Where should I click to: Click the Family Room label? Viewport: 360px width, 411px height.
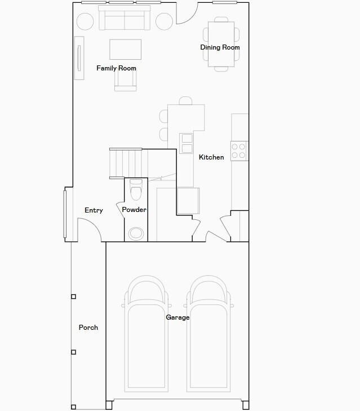[116, 68]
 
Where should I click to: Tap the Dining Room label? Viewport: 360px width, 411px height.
[220, 47]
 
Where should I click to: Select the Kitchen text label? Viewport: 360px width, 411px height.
[211, 157]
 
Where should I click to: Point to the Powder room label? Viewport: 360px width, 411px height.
[134, 210]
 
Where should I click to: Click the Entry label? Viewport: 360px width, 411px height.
[94, 210]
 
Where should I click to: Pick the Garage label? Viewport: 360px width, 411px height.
[177, 317]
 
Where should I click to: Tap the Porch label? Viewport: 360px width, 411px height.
[88, 327]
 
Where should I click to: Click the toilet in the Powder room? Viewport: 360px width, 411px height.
[136, 190]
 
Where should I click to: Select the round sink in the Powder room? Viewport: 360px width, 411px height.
[136, 233]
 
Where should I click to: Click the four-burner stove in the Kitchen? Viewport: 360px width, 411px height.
[239, 150]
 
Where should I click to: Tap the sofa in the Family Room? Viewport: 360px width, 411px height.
[125, 19]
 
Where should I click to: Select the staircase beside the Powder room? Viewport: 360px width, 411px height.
[126, 163]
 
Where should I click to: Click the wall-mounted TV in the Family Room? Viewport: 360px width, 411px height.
[79, 58]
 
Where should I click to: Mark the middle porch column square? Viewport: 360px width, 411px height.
[73, 352]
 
